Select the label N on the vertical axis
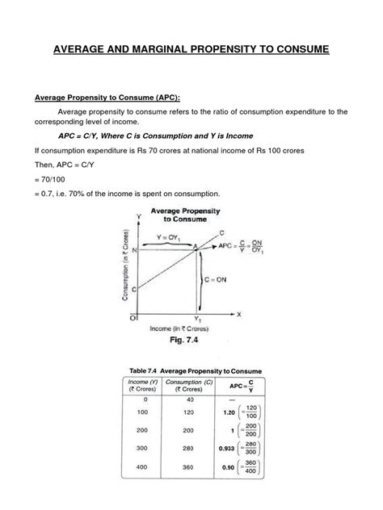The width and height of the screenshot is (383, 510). (x=135, y=251)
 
